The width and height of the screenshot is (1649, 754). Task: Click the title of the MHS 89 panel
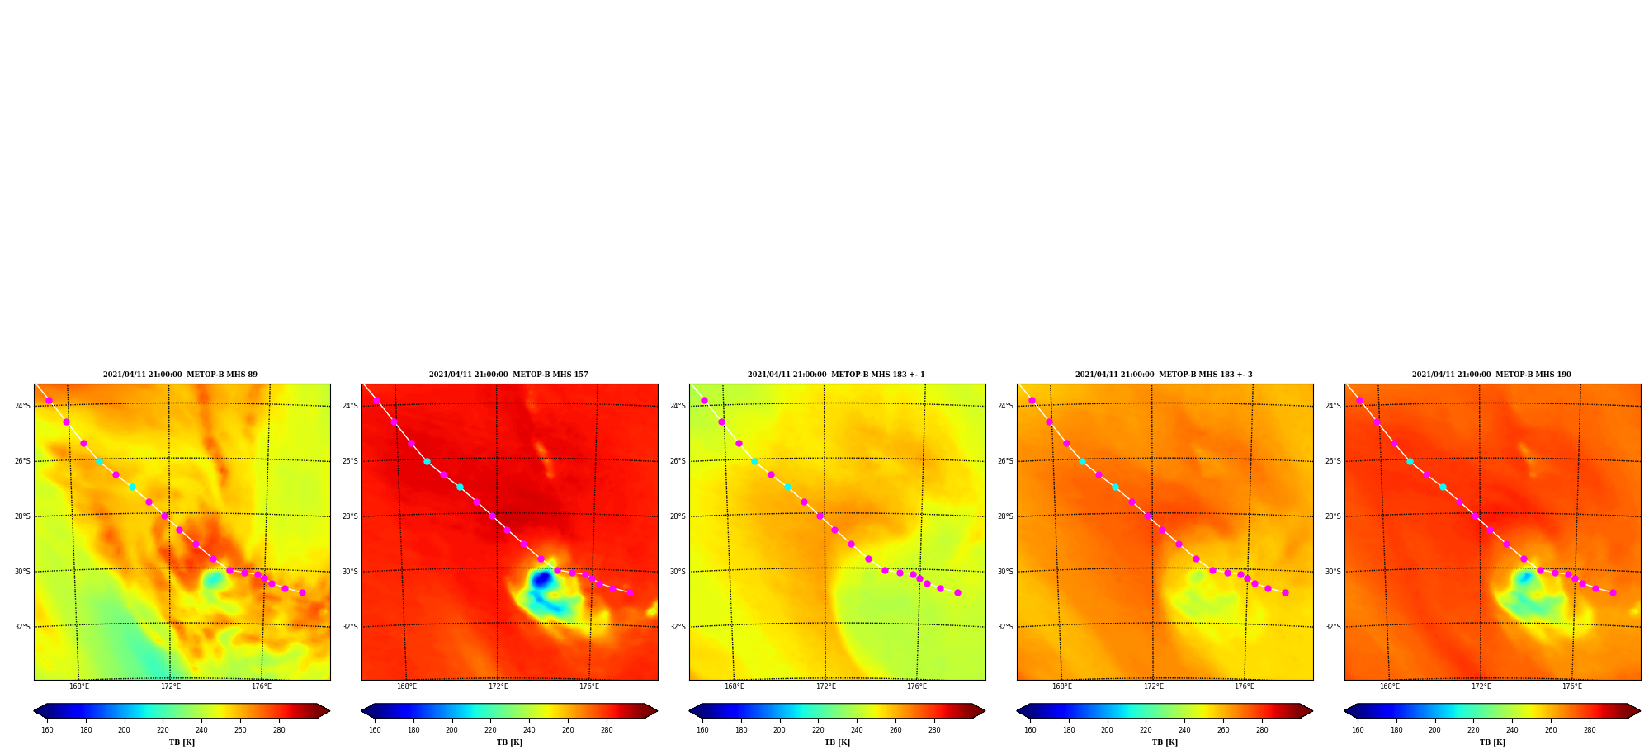click(180, 375)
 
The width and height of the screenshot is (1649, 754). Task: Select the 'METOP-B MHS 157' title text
click(550, 375)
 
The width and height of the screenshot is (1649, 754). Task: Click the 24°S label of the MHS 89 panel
click(22, 406)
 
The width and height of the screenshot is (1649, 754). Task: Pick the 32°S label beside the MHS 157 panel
click(350, 627)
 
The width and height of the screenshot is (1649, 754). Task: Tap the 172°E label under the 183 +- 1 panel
click(825, 686)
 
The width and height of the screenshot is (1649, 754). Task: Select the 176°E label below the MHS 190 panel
click(1571, 686)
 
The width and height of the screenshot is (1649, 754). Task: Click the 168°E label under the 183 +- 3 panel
click(1062, 686)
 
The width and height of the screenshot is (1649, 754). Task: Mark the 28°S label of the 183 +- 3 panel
click(1005, 516)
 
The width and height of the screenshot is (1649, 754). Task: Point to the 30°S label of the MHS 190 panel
click(1333, 572)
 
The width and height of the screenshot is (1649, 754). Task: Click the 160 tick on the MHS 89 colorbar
click(47, 730)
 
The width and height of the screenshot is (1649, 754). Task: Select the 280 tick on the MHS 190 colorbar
click(1590, 730)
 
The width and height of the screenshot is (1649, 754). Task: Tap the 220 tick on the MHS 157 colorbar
click(490, 730)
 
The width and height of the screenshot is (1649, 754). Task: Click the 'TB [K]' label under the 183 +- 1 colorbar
click(837, 742)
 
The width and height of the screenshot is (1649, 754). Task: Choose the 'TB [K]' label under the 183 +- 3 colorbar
click(1165, 742)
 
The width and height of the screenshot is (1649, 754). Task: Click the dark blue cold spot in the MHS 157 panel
click(541, 579)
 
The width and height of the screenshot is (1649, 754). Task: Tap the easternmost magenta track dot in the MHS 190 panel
click(1613, 592)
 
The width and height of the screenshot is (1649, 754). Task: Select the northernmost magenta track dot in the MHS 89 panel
click(49, 400)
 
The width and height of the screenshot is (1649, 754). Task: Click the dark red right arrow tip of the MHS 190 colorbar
click(1640, 711)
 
